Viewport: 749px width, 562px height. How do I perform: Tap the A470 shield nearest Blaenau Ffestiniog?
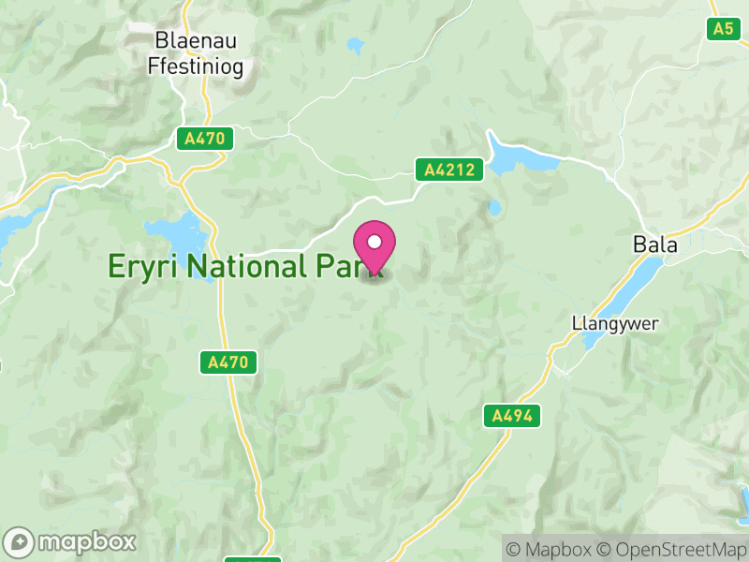pyautogui.click(x=205, y=139)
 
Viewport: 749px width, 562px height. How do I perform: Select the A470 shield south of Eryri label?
pyautogui.click(x=228, y=362)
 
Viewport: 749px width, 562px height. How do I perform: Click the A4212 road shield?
pyautogui.click(x=449, y=170)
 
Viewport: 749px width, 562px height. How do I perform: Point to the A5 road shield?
pyautogui.click(x=723, y=28)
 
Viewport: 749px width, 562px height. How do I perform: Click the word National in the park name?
pyautogui.click(x=244, y=266)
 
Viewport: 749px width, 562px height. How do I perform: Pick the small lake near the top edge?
pyautogui.click(x=356, y=43)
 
